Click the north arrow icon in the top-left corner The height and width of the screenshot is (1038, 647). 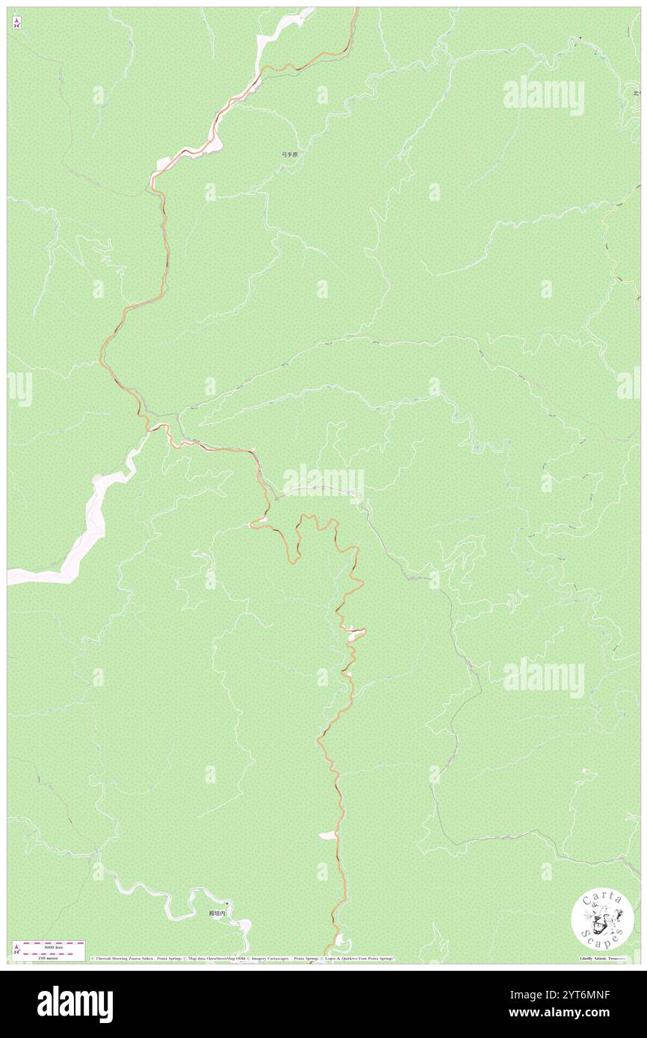[16, 22]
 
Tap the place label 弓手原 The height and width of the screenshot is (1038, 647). [289, 155]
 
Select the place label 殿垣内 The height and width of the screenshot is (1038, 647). [217, 913]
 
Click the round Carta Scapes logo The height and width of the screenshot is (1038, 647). [602, 921]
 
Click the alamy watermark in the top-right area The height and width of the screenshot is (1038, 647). [543, 96]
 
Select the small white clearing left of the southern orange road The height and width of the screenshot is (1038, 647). [326, 836]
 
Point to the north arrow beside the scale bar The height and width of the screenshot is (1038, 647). [16, 949]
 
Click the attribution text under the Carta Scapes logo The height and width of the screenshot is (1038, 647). [602, 958]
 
